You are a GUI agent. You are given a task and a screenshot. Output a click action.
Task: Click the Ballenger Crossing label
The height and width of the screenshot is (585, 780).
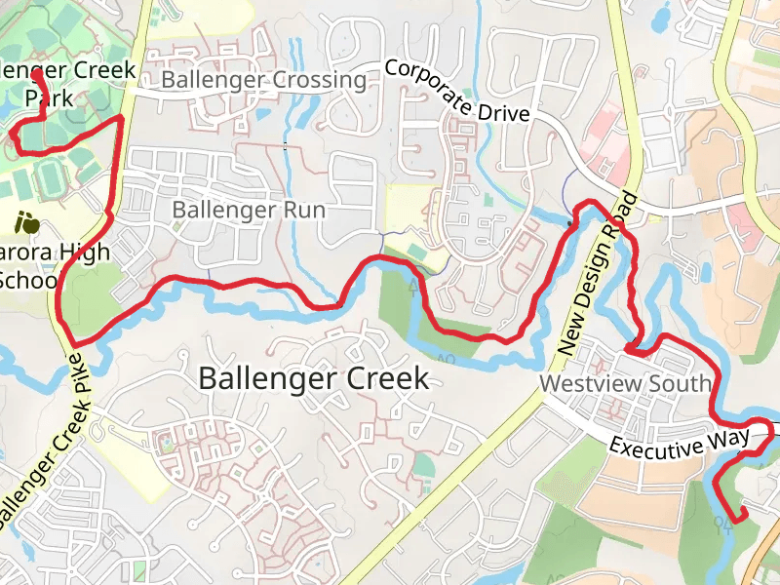coord(264,80)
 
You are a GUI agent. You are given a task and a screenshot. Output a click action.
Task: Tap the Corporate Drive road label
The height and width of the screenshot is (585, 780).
coord(456,92)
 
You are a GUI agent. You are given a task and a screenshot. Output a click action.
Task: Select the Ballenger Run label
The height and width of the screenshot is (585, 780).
coord(249,210)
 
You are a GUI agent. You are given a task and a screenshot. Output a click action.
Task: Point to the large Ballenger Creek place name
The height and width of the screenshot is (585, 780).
coord(313,378)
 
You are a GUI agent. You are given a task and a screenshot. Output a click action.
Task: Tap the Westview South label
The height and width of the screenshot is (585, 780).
coord(625,384)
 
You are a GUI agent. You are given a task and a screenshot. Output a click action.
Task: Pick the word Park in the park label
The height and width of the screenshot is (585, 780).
coord(49,98)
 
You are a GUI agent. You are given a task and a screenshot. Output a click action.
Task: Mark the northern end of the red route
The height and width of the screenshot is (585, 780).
coord(37,73)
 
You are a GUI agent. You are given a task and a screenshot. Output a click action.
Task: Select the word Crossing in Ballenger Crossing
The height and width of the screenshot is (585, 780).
coord(319,80)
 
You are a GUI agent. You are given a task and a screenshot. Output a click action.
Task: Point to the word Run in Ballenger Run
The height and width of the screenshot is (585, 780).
coord(304,210)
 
